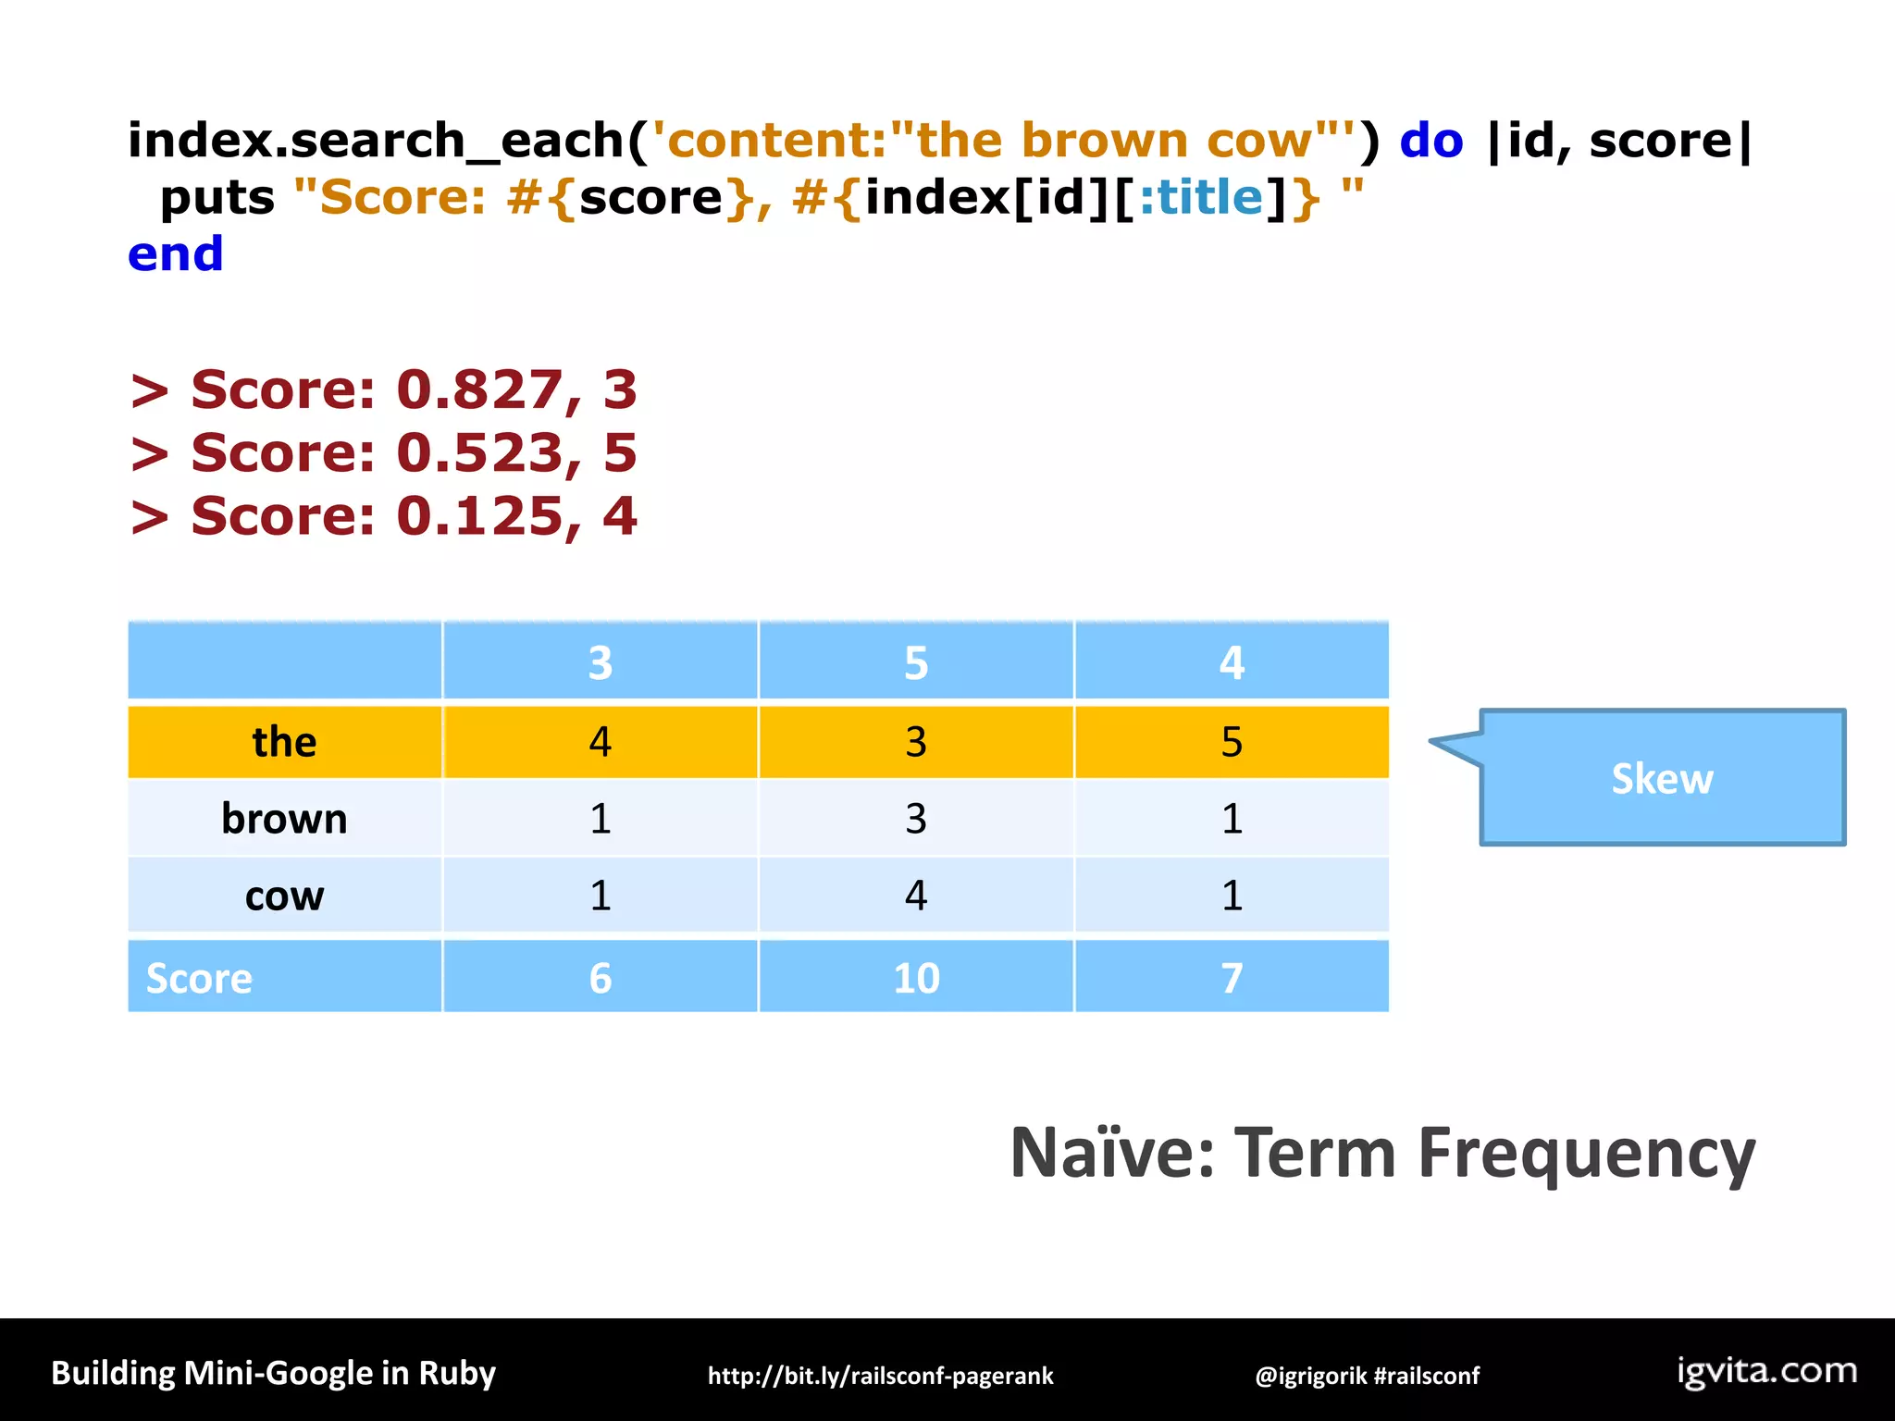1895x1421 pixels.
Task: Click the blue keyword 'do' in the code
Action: click(x=1431, y=141)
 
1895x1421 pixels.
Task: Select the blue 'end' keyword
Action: click(x=176, y=254)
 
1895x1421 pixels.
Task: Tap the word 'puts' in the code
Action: click(x=217, y=198)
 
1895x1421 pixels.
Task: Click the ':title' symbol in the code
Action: click(x=1200, y=198)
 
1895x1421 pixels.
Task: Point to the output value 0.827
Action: click(x=478, y=389)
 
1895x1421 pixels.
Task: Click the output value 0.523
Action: click(x=478, y=453)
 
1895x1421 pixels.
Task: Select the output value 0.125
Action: click(x=478, y=516)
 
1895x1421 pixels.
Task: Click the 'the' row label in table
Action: click(x=284, y=742)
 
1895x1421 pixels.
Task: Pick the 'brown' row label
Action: click(x=284, y=819)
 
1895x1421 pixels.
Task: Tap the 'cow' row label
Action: click(x=284, y=896)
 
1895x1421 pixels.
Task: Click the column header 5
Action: click(x=915, y=662)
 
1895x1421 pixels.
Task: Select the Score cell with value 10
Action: click(x=915, y=978)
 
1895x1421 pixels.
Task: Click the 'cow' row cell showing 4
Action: click(x=915, y=896)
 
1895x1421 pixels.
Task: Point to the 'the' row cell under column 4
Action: click(x=1231, y=742)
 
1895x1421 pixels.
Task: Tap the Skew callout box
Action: click(x=1662, y=778)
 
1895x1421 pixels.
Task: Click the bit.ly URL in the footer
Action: click(x=880, y=1376)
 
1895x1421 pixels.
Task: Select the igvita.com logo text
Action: click(x=1766, y=1371)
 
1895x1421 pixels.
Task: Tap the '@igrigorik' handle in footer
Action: click(x=1309, y=1376)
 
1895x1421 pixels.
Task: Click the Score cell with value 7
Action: click(x=1231, y=978)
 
